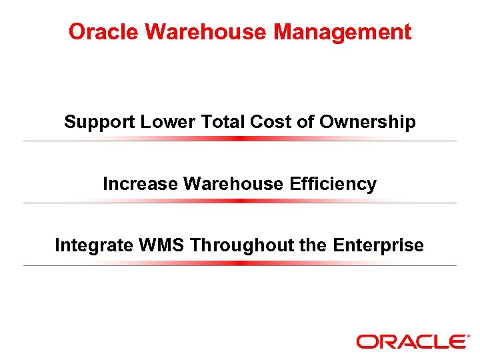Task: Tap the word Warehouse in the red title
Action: pos(199,31)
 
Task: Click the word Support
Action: pos(100,123)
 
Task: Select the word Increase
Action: pos(140,184)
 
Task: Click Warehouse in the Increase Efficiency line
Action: pos(234,184)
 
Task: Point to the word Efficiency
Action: pos(333,184)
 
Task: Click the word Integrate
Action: pos(94,245)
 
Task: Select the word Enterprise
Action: pos(379,245)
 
